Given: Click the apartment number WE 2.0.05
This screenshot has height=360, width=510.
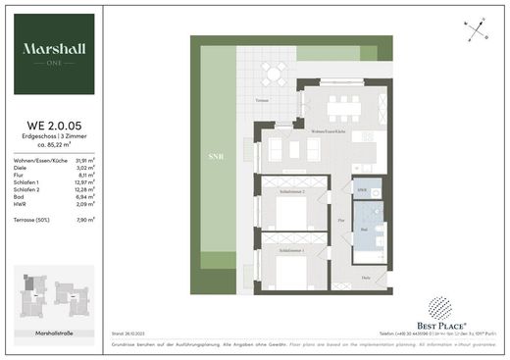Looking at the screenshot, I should tap(54, 124).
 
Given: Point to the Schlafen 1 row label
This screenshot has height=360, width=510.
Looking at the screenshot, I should tap(28, 182).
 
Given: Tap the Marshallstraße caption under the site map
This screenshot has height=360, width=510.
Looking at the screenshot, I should tap(54, 334).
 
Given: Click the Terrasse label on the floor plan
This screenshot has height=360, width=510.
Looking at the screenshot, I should tap(262, 101).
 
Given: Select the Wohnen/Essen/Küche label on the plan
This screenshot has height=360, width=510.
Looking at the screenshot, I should tap(331, 130).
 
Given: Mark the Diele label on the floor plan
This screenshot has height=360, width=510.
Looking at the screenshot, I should tap(367, 278).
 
